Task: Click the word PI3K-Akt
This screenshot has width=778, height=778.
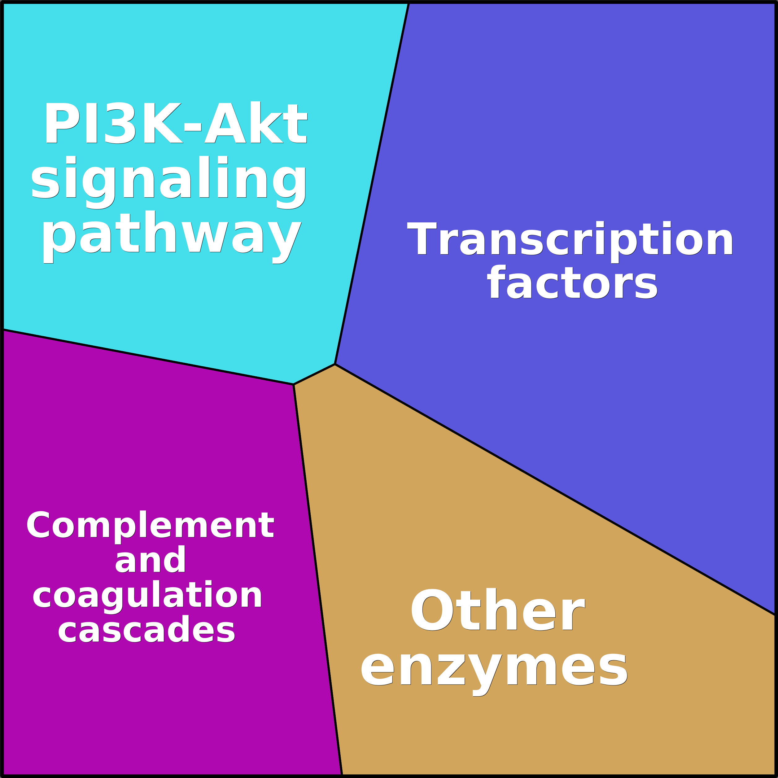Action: (x=176, y=123)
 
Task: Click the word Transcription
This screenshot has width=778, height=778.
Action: (x=570, y=239)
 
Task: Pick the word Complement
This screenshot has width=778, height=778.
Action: (x=150, y=526)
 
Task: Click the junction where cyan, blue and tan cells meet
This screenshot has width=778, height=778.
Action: (x=335, y=364)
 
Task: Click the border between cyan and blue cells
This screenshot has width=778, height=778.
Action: (x=372, y=183)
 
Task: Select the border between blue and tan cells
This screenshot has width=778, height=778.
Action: (x=556, y=489)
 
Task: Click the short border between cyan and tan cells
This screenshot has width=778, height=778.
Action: (x=314, y=374)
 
